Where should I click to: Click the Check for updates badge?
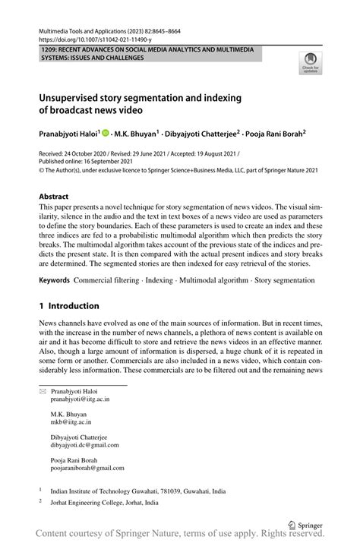[310, 62]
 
